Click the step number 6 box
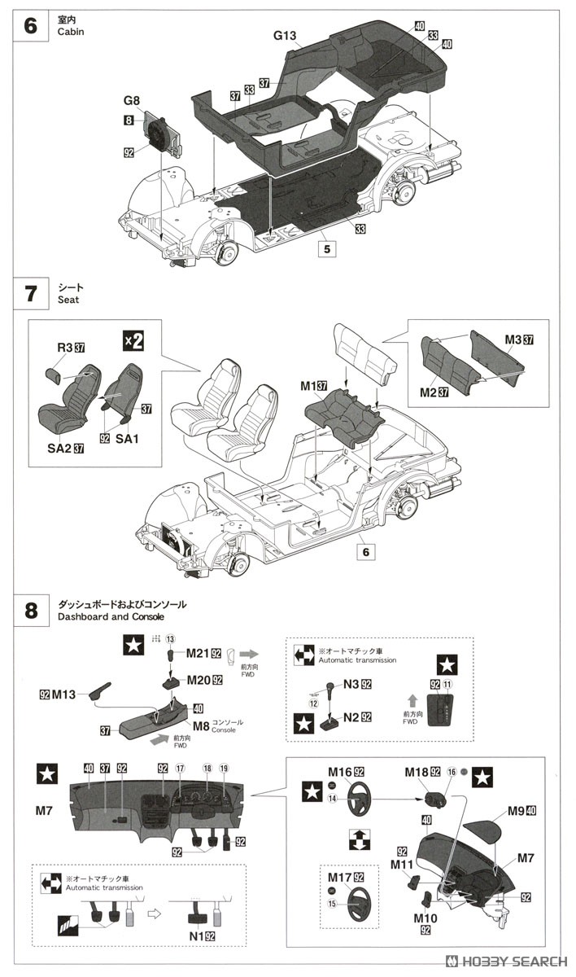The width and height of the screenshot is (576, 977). (x=31, y=26)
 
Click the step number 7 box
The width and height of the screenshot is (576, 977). (x=31, y=293)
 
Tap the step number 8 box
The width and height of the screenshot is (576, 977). (x=31, y=611)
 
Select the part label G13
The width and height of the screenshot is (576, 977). (x=286, y=36)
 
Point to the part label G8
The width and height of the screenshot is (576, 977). (x=132, y=102)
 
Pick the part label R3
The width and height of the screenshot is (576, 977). (x=65, y=348)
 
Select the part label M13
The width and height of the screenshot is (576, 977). (x=63, y=694)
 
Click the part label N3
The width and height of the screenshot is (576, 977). (x=351, y=684)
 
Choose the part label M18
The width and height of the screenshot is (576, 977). (x=417, y=771)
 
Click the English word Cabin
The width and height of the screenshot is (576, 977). (x=71, y=32)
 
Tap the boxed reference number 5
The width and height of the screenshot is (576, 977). (x=326, y=250)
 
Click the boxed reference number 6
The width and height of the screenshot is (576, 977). (x=365, y=552)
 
